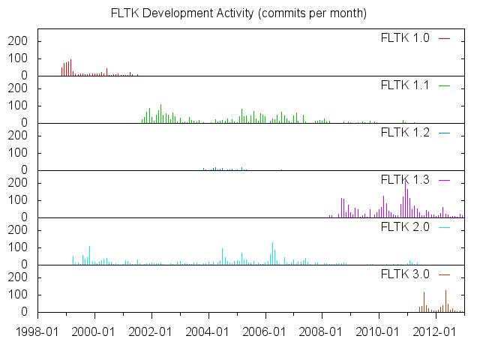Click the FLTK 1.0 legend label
point(405,38)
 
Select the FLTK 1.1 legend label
point(405,85)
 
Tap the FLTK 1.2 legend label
point(405,133)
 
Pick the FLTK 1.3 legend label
point(405,180)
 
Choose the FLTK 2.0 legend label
point(405,227)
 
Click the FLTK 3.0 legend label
point(405,274)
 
